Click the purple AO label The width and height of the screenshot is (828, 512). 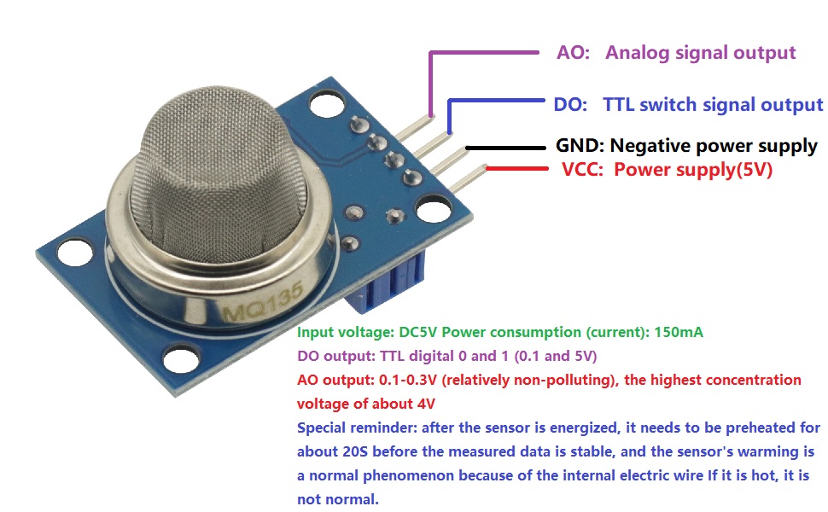[x=573, y=53]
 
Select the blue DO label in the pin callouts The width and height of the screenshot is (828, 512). [x=570, y=104]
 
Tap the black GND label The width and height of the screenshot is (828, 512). [x=580, y=145]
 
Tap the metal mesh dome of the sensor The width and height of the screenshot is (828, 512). [x=218, y=174]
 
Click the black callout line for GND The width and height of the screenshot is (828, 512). [x=505, y=148]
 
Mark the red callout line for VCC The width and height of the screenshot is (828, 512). [x=517, y=168]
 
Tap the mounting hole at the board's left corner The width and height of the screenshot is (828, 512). [x=75, y=253]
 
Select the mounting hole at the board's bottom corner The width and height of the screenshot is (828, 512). [x=181, y=360]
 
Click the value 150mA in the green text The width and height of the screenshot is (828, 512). [x=679, y=332]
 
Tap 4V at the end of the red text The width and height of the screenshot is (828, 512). [x=426, y=404]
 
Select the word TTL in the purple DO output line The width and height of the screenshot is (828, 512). [x=392, y=356]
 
